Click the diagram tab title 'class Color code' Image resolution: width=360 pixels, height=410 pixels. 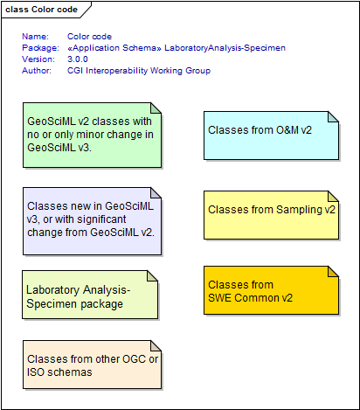pyautogui.click(x=41, y=10)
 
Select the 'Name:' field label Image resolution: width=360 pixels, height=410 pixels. pyautogui.click(x=35, y=37)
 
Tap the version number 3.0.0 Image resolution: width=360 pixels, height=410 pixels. pyautogui.click(x=78, y=59)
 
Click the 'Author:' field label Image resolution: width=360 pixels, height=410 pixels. pyautogui.click(x=37, y=71)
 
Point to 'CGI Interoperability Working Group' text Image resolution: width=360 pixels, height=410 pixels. pyautogui.click(x=139, y=71)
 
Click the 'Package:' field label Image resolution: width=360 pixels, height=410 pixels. pyautogui.click(x=40, y=48)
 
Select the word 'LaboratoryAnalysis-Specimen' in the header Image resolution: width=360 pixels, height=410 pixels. pyautogui.click(x=225, y=48)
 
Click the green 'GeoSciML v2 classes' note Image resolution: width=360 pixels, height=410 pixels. pyautogui.click(x=92, y=135)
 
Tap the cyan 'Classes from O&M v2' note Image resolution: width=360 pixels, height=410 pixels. pyautogui.click(x=271, y=136)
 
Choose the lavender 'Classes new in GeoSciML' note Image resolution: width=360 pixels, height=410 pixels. pyautogui.click(x=92, y=221)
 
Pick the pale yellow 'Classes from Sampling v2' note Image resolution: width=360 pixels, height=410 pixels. pyautogui.click(x=271, y=215)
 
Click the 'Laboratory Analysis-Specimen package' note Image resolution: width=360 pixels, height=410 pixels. pyautogui.click(x=90, y=295)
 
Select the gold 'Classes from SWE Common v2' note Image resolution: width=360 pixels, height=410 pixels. pyautogui.click(x=271, y=290)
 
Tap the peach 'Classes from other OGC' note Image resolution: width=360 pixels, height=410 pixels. pyautogui.click(x=92, y=365)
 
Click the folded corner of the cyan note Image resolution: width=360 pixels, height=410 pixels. pyautogui.click(x=333, y=117)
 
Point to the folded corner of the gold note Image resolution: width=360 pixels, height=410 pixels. pyautogui.click(x=333, y=272)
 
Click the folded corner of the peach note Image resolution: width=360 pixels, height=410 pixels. pyautogui.click(x=156, y=346)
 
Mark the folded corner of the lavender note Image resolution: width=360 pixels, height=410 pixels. pyautogui.click(x=156, y=193)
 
